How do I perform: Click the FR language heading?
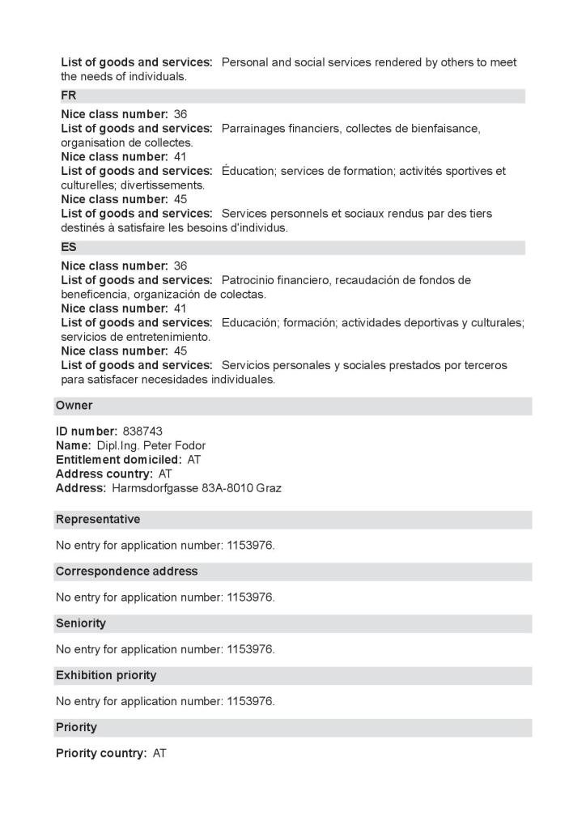69,96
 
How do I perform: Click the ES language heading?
69,247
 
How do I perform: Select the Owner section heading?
74,405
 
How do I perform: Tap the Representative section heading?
98,519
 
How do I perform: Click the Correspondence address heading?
126,571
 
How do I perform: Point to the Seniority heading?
81,623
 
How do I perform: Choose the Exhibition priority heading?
106,674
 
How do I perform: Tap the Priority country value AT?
159,753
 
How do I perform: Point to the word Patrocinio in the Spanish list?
250,280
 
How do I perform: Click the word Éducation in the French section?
248,172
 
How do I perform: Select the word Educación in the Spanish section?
249,323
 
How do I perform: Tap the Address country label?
104,474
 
